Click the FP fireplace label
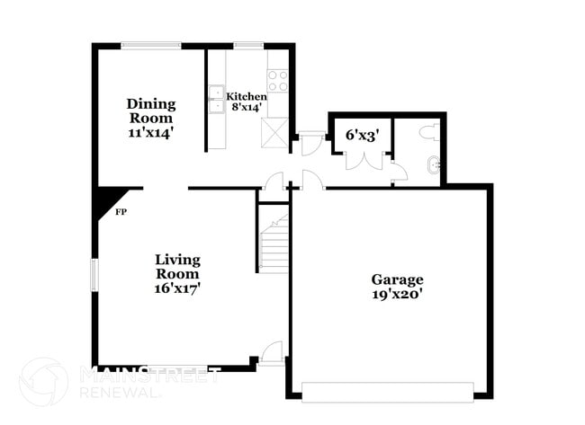point(121,213)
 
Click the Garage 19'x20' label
point(397,287)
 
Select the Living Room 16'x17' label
point(177,273)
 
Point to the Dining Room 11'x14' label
point(150,118)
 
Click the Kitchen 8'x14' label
point(246,102)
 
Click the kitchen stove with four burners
point(277,81)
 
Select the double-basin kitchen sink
point(216,99)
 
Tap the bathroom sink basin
point(434,165)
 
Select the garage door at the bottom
point(387,391)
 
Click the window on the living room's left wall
point(94,275)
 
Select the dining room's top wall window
point(150,46)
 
